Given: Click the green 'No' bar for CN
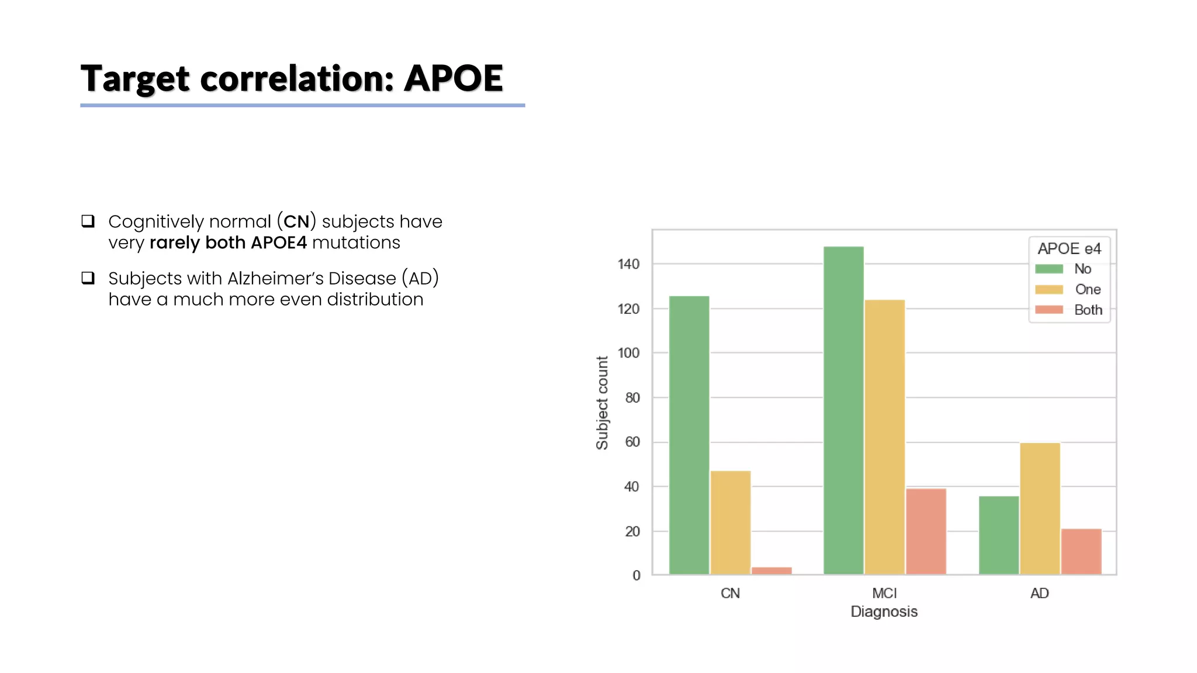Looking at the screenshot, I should (x=689, y=435).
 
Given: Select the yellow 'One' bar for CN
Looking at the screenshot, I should (x=731, y=522).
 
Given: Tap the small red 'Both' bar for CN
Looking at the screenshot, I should (x=772, y=571).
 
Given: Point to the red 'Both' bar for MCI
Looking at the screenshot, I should (x=926, y=531).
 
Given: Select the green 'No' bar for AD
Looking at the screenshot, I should (x=999, y=535).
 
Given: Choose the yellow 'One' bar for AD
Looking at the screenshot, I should (x=1040, y=508).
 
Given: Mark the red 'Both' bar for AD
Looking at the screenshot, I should (x=1081, y=551).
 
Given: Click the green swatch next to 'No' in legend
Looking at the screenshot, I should (x=1049, y=269).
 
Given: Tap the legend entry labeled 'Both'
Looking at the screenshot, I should (x=1088, y=310).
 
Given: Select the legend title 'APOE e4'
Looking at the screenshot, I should (x=1069, y=249).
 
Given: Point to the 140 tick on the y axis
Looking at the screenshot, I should (x=628, y=264).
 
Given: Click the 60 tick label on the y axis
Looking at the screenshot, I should (x=632, y=442).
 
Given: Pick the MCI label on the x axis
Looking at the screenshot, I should (x=884, y=594).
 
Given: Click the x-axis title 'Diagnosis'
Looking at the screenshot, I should (x=884, y=612).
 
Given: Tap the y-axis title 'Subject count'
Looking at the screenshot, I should (x=602, y=403).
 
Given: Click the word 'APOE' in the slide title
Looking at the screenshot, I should (x=454, y=78).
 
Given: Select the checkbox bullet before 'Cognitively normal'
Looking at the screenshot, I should (x=88, y=221).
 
